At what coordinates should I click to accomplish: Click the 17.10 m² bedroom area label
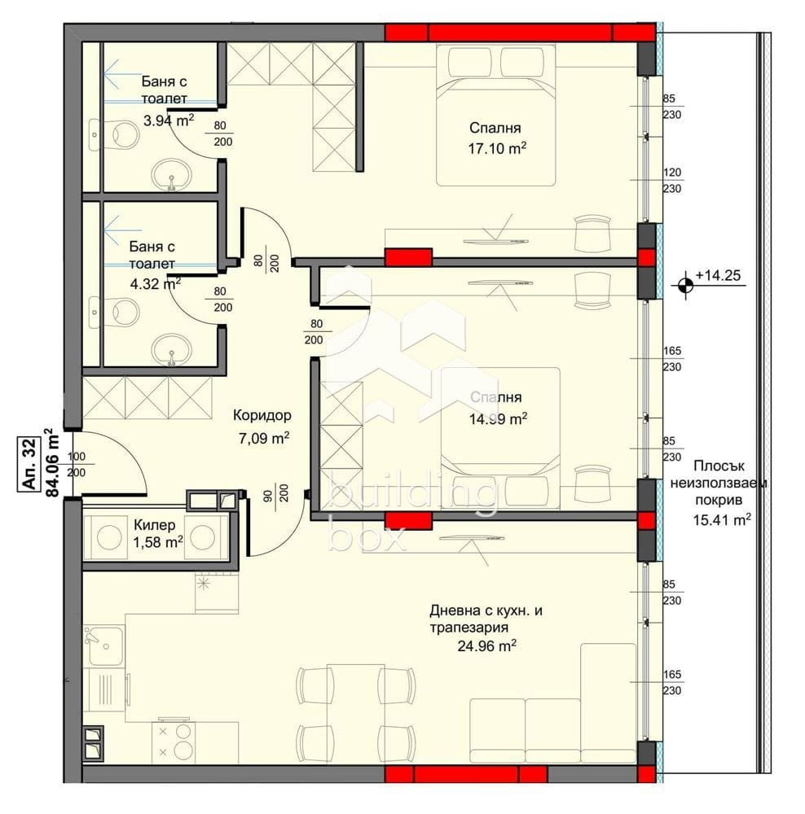[497, 149]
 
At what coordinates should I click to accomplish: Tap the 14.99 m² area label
[498, 419]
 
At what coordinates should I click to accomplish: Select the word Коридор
[262, 415]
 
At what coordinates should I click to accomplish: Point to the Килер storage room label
[154, 525]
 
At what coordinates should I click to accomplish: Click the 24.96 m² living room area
[486, 646]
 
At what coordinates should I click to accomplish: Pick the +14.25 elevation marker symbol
[685, 284]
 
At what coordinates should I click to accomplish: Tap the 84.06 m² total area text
[52, 462]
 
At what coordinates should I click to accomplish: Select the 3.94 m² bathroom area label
[169, 121]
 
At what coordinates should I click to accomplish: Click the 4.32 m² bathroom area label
[155, 284]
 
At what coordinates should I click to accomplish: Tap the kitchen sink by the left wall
[104, 646]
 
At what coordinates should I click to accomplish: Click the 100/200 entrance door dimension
[77, 465]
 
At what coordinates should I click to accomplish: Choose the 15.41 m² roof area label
[721, 519]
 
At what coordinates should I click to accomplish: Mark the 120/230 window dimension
[672, 180]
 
